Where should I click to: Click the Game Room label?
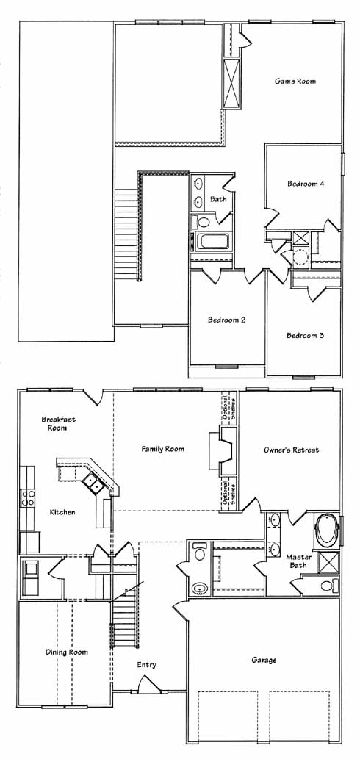click(x=295, y=82)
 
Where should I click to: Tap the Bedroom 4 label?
click(x=306, y=184)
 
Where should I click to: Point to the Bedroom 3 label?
click(x=305, y=335)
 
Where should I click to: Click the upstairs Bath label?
click(x=218, y=198)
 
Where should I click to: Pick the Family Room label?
click(x=162, y=449)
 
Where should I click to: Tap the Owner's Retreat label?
click(x=291, y=450)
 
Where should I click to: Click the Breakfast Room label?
click(x=58, y=423)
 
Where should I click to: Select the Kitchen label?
click(x=62, y=512)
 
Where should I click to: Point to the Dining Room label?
click(x=67, y=652)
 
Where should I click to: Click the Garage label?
click(x=264, y=660)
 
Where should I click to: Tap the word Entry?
click(x=146, y=665)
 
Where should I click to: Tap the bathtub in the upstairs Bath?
click(x=213, y=242)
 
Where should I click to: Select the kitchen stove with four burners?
click(x=27, y=497)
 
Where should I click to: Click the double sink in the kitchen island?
click(x=91, y=482)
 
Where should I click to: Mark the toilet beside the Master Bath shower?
click(x=327, y=586)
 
